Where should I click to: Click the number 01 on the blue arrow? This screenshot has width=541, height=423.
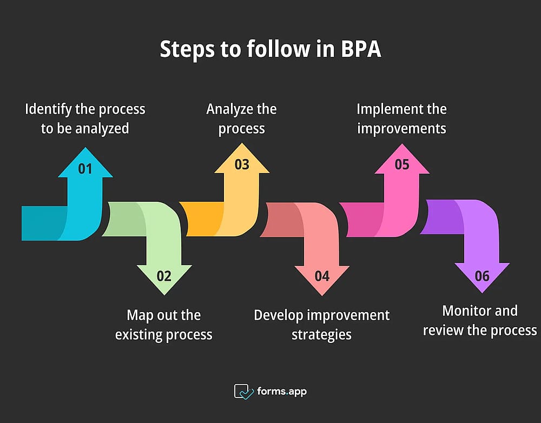85,169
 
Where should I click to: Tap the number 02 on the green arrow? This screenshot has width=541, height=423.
164,276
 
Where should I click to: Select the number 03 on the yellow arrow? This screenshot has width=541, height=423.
242,164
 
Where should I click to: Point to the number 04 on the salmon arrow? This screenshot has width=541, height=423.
322,276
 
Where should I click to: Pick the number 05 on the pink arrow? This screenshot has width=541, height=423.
402,164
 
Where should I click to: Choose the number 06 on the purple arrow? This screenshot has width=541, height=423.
482,276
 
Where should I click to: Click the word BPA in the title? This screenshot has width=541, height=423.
361,49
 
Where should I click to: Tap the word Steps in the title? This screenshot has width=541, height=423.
187,50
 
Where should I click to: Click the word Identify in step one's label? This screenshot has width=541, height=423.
49,110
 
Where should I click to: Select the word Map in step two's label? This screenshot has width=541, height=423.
140,315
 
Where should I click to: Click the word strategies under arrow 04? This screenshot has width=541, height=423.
321,335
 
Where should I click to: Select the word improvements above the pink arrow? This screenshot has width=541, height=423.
401,129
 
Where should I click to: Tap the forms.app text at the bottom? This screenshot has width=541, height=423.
282,392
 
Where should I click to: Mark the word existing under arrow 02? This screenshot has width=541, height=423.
137,335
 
